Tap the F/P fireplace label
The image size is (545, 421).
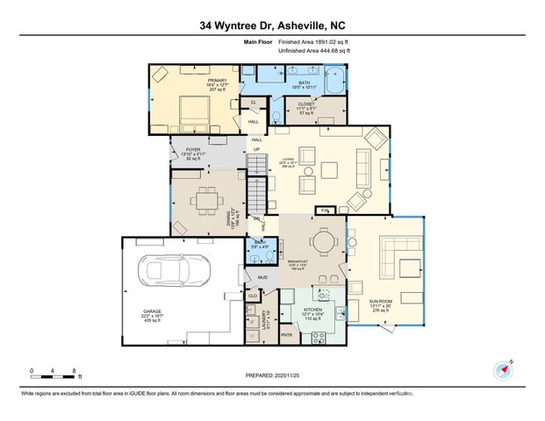tap(324, 211)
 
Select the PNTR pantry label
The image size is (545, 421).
tap(286, 334)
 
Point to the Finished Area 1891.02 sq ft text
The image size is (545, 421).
tap(313, 41)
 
